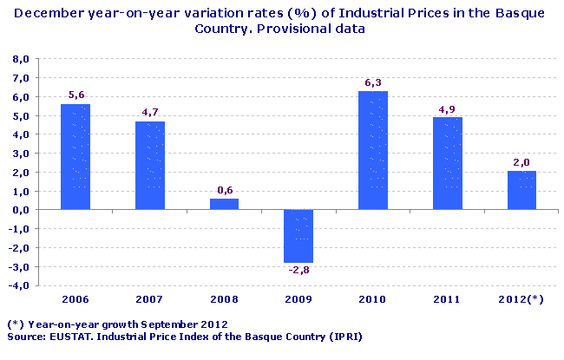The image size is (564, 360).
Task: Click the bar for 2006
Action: point(75,157)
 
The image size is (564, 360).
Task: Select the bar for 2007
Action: point(150,166)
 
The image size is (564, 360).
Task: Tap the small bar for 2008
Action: point(224,204)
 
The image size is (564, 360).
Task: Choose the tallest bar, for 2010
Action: point(373,150)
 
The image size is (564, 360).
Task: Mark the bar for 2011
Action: point(448,163)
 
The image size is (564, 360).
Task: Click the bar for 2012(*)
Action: point(522,190)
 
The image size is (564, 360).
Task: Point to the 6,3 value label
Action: point(373,83)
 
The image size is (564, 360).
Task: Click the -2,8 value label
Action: point(298,271)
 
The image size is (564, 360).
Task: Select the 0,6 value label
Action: point(224,191)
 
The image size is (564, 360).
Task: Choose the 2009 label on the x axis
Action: point(298,299)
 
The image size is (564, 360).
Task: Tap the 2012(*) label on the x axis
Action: point(522,299)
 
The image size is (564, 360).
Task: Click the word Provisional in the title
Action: point(269,29)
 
